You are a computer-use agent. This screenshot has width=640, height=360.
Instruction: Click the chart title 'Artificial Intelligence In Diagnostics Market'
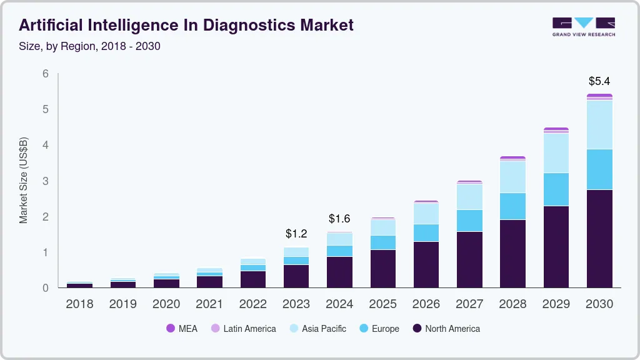(x=186, y=25)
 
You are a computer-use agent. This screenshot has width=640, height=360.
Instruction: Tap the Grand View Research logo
(x=583, y=27)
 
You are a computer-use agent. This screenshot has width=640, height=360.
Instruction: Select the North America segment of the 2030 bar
(x=599, y=238)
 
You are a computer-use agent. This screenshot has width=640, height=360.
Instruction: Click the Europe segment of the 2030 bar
(x=599, y=169)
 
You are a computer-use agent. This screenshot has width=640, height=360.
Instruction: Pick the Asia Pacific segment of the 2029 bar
(x=556, y=153)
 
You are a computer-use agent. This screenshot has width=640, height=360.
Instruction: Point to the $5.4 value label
(x=599, y=81)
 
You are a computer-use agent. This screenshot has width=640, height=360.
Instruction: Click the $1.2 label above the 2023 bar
(x=296, y=234)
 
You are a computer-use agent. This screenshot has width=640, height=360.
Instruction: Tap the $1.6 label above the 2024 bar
(x=339, y=219)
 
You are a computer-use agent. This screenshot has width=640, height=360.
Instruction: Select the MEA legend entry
(x=182, y=329)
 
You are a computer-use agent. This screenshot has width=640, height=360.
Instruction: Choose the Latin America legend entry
(x=243, y=329)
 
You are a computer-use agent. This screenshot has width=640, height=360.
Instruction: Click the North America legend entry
(x=446, y=329)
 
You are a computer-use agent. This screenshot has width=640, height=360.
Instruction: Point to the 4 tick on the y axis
(x=46, y=145)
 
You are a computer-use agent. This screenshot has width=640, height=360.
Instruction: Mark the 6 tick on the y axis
(x=46, y=74)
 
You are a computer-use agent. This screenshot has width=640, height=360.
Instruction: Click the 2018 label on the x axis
(x=79, y=304)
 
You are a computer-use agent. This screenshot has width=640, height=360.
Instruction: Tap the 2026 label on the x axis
(x=426, y=304)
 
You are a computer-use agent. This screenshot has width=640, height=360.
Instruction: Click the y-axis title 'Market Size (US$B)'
(x=24, y=181)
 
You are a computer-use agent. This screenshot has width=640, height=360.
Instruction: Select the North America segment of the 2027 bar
(x=469, y=259)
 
